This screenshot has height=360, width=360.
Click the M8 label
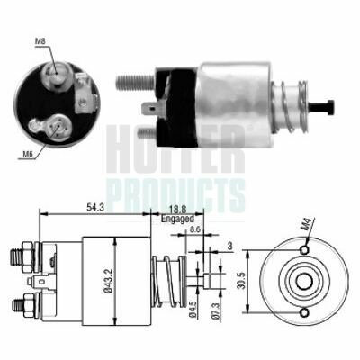click(x=40, y=41)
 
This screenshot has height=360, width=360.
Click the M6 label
click(x=28, y=155)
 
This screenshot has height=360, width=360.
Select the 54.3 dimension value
click(x=95, y=208)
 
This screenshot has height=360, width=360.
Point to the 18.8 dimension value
click(x=177, y=210)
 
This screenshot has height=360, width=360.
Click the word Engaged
click(x=177, y=219)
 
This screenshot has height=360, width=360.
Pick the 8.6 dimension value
click(x=195, y=230)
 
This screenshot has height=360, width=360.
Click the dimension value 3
click(x=229, y=247)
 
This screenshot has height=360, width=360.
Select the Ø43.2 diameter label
click(x=109, y=281)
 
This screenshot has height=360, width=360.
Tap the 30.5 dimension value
click(x=242, y=281)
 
